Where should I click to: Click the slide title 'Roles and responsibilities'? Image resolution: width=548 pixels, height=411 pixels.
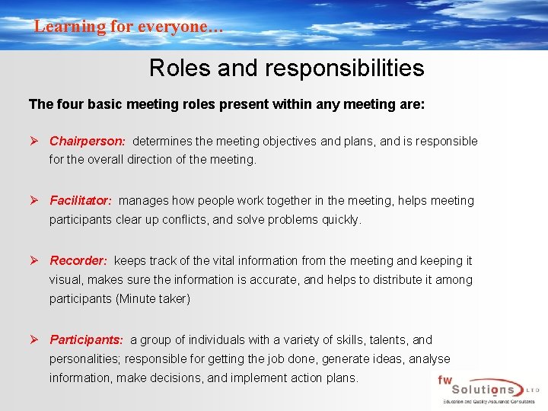coord(286,68)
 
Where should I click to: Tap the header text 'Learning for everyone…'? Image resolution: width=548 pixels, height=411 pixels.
coord(129,27)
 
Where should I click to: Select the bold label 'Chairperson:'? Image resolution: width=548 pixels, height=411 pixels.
coord(87,141)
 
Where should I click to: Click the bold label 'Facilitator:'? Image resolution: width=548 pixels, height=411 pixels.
coord(81,201)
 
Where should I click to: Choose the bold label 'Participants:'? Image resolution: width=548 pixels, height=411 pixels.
coord(86,339)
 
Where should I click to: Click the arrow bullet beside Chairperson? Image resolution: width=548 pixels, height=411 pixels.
coord(35,141)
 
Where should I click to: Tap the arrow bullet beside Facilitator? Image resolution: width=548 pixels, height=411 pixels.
coord(35,201)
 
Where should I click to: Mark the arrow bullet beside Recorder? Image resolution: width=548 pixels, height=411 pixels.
coord(35,260)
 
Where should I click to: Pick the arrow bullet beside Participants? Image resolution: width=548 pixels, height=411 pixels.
coord(35,339)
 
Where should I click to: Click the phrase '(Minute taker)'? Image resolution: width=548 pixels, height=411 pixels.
coord(153,299)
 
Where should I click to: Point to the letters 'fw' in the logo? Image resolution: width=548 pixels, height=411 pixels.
coord(445,379)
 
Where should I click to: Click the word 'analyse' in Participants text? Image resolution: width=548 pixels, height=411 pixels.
coord(429,358)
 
